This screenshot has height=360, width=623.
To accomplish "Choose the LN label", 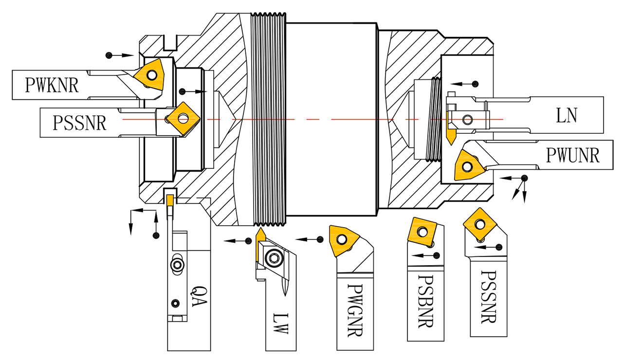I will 567,115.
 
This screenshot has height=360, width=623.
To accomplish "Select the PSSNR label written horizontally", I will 80,122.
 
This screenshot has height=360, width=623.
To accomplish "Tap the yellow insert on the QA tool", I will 169,200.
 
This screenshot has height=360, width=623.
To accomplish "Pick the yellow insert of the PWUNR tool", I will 468,165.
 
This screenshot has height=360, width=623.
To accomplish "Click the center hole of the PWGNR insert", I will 343,239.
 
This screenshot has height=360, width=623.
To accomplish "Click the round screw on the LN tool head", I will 468,119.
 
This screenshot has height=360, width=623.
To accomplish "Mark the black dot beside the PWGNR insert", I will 320,239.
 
